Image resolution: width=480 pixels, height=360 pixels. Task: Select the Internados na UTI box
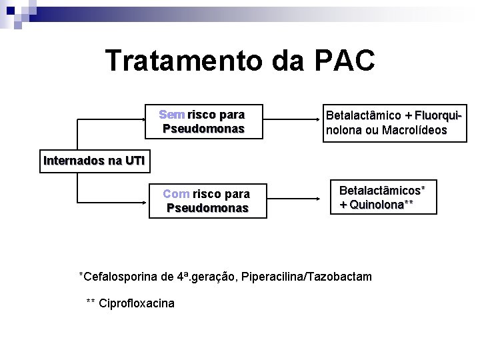click(93, 161)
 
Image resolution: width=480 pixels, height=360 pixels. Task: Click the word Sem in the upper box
click(172, 115)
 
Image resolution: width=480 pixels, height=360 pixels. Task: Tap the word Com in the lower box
click(176, 194)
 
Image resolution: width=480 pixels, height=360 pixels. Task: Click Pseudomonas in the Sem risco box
click(203, 129)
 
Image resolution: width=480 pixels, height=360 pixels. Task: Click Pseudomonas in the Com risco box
click(207, 208)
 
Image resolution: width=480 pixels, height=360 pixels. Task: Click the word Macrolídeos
click(414, 131)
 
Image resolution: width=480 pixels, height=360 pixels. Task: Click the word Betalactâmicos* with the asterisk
click(383, 191)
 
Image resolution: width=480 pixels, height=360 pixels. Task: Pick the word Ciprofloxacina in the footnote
click(136, 304)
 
